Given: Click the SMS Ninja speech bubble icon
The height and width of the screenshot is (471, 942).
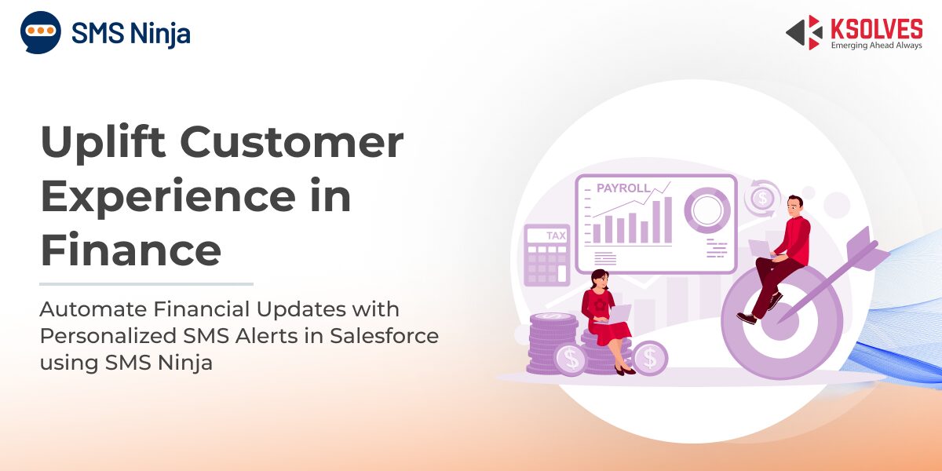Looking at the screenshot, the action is (x=40, y=32).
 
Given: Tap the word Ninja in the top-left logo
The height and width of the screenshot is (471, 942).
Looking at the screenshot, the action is (x=160, y=34).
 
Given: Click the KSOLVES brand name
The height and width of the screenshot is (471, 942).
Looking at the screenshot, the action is (x=877, y=30).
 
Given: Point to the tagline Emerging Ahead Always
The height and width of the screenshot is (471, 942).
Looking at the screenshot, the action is (x=877, y=45).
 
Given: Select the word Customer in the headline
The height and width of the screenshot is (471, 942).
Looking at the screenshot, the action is (x=292, y=142).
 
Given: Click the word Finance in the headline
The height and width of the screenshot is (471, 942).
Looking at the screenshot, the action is (x=131, y=250).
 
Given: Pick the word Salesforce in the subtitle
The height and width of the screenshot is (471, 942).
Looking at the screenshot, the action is (x=384, y=336).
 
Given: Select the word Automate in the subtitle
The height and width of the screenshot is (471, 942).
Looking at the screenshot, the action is (x=93, y=309).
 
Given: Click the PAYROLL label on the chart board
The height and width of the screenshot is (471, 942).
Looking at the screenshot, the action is (x=623, y=188).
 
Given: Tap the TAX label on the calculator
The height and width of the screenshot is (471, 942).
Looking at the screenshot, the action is (x=556, y=235).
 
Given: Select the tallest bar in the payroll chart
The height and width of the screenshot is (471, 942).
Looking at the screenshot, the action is (x=668, y=220).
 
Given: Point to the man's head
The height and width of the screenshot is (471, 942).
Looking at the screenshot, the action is (x=794, y=206).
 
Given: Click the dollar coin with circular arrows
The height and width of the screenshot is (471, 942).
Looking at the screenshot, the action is (x=762, y=198).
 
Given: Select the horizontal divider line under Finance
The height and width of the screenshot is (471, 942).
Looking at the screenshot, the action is (x=146, y=284).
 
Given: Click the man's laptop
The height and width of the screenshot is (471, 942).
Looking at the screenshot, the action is (x=761, y=249).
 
